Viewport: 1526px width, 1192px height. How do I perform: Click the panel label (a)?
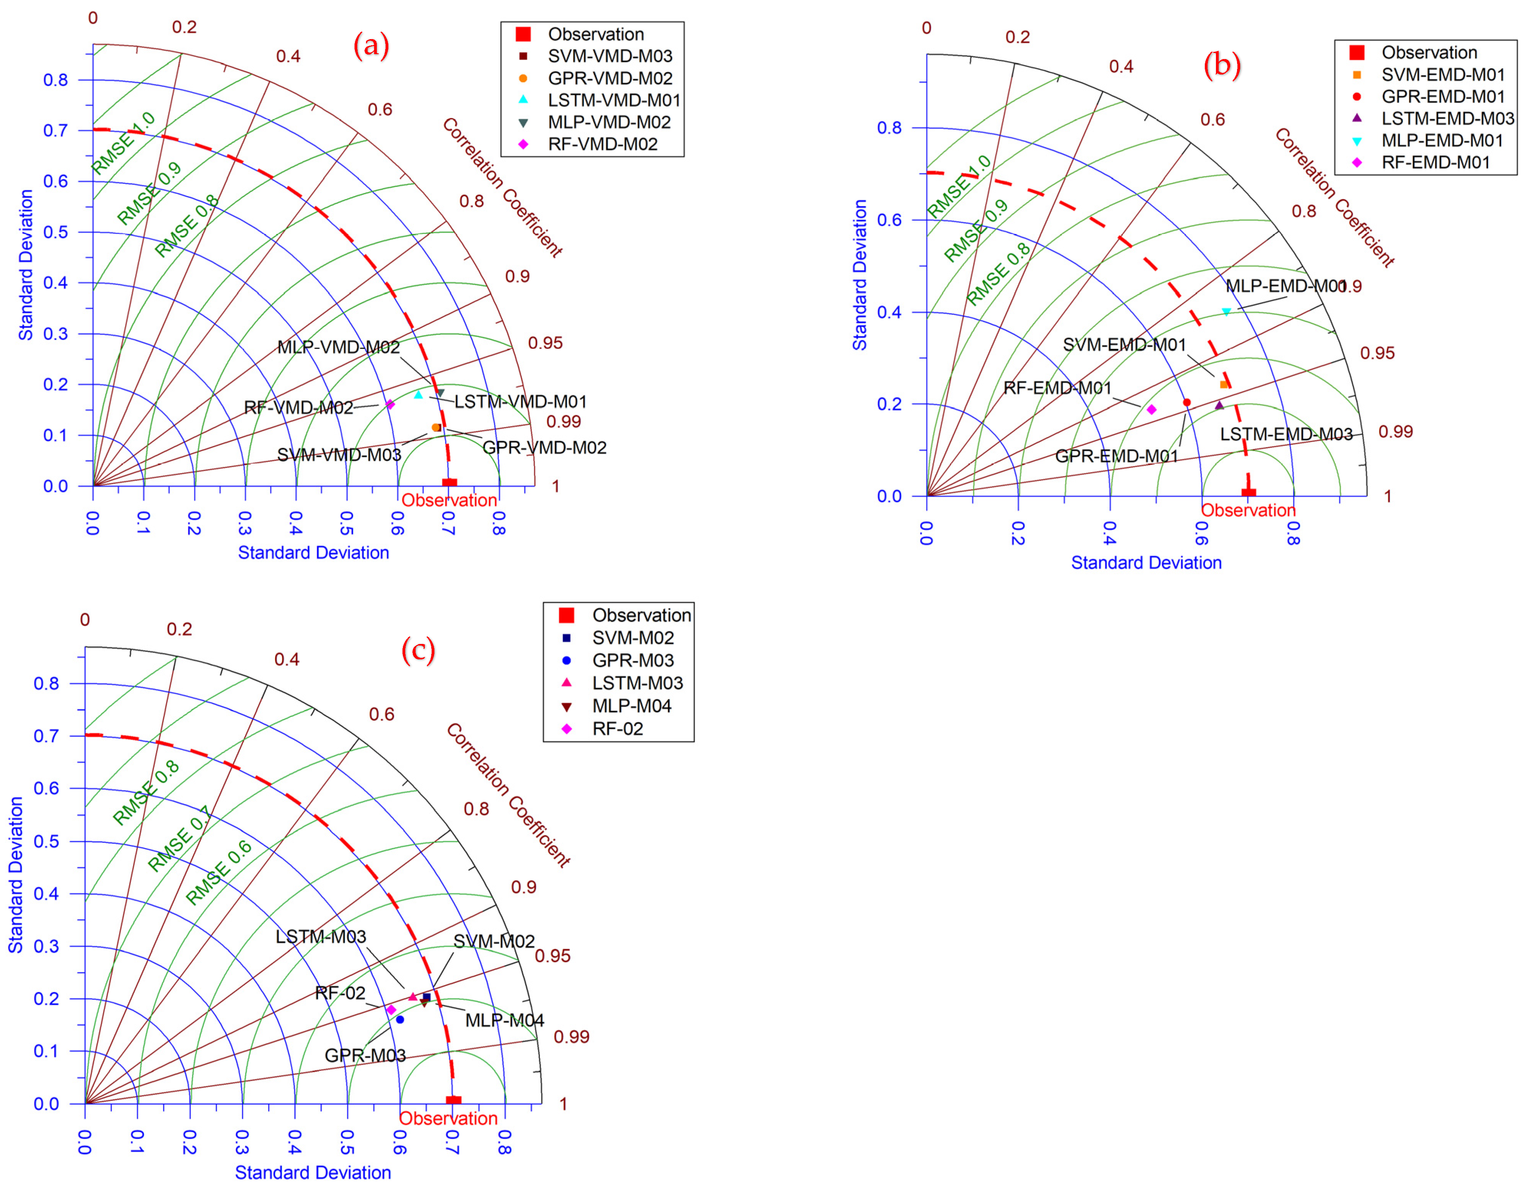pyautogui.click(x=371, y=46)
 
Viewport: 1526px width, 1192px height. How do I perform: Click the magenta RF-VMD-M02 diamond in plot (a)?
pyautogui.click(x=390, y=404)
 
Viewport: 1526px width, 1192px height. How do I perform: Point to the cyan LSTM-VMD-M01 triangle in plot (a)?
pyautogui.click(x=419, y=395)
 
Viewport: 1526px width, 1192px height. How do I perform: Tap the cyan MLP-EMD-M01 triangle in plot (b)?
pyautogui.click(x=1226, y=312)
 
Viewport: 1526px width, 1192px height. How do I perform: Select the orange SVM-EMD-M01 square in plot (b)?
pyautogui.click(x=1224, y=384)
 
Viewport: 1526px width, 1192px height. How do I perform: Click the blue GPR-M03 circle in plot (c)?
pyautogui.click(x=400, y=1019)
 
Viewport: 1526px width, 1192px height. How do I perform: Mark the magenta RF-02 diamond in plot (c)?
pyautogui.click(x=391, y=1010)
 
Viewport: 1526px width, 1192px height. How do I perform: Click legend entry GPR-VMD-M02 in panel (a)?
pyautogui.click(x=609, y=78)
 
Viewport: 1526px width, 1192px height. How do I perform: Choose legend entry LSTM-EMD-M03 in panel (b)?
pyautogui.click(x=1447, y=118)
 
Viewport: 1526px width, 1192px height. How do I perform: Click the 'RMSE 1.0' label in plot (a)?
pyautogui.click(x=124, y=142)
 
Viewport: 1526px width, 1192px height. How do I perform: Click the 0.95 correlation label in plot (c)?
pyautogui.click(x=553, y=955)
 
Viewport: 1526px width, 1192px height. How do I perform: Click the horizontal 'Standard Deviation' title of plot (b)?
pyautogui.click(x=1146, y=563)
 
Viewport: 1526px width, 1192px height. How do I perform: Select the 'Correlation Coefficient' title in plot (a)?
pyautogui.click(x=502, y=187)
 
